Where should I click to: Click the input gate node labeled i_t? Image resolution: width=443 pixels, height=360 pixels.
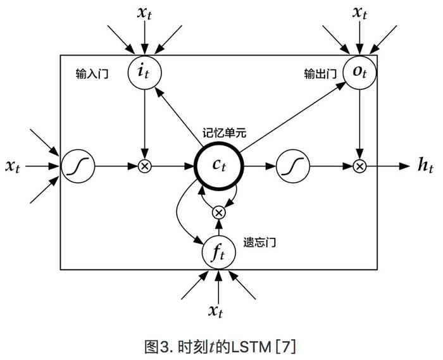[145, 73]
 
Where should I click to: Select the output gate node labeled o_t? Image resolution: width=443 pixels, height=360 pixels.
[359, 73]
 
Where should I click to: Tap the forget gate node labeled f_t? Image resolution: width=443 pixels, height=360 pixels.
[219, 252]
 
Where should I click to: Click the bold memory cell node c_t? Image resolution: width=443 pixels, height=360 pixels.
[219, 166]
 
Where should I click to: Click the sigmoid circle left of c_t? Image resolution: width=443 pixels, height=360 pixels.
[78, 166]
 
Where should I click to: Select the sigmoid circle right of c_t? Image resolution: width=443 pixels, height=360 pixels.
[293, 166]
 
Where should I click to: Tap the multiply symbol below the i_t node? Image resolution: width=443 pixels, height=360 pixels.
[145, 166]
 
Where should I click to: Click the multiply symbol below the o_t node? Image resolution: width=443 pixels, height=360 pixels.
[359, 166]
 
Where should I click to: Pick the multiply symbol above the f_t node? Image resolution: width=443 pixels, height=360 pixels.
[219, 213]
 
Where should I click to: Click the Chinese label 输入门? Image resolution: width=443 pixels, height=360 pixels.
[92, 74]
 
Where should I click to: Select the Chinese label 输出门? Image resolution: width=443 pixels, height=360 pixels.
[320, 74]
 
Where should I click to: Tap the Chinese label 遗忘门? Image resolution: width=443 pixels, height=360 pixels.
[259, 242]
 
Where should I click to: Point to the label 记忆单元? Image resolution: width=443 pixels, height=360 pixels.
[224, 132]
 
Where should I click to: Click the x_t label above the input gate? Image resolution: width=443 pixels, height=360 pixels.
[144, 13]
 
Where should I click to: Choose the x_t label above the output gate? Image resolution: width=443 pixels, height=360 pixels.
[359, 13]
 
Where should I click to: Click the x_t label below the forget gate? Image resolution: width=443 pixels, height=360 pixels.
[216, 311]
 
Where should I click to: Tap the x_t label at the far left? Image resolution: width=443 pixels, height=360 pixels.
[13, 166]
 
